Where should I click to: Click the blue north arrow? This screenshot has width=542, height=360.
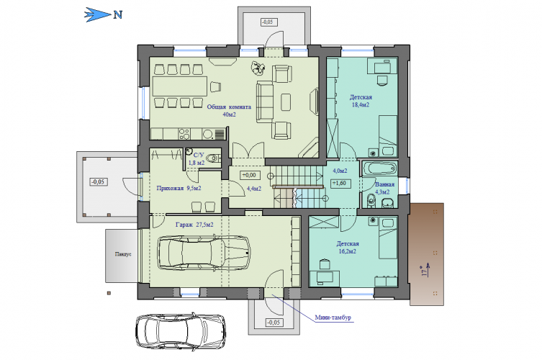97,15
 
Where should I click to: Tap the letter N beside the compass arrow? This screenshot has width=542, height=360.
118,15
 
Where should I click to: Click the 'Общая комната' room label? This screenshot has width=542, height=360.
229,107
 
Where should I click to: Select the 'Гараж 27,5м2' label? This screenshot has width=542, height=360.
194,225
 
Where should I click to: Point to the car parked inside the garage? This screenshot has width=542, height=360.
204,253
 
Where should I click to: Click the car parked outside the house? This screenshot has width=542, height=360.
181,331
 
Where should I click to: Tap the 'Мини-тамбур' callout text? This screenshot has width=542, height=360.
333,318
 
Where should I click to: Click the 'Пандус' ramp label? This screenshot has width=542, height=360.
123,254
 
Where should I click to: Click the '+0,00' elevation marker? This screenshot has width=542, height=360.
250,175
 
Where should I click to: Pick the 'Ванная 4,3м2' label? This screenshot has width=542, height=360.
384,188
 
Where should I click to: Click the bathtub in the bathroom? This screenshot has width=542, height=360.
379,168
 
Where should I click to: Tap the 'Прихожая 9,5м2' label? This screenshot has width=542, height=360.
179,189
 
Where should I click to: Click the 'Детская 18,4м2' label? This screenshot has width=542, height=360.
361,101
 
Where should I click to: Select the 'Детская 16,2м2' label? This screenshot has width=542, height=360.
348,247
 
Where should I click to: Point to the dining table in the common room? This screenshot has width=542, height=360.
180,86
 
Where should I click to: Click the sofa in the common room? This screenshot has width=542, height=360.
264,102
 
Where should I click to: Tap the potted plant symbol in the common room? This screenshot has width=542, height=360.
258,68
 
